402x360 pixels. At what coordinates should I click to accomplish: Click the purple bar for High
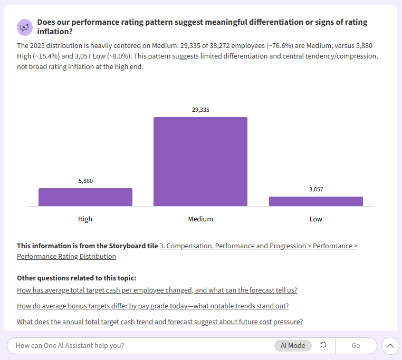[85, 197]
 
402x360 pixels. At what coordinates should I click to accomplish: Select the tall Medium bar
[200, 161]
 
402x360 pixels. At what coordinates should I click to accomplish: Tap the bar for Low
[315, 201]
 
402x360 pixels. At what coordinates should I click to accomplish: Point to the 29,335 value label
[200, 110]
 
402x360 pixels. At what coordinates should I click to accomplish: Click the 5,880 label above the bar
[85, 181]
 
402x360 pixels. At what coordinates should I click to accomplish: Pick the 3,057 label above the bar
[316, 189]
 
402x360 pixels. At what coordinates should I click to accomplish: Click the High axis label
[85, 219]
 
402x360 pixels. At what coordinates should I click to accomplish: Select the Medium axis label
[200, 219]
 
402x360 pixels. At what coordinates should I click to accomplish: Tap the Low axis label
[315, 219]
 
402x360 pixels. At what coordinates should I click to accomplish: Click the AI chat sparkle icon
[24, 27]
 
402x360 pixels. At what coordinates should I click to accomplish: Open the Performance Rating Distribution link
[66, 257]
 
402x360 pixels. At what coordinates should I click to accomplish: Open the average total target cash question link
[157, 290]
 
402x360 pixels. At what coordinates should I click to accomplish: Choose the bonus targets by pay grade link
[152, 306]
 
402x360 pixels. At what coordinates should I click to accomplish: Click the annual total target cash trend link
[159, 322]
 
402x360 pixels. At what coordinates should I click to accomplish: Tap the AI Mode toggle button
[293, 346]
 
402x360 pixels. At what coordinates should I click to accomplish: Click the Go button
[356, 346]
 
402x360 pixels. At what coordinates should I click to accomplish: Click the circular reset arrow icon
[323, 345]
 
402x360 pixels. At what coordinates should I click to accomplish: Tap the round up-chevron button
[390, 346]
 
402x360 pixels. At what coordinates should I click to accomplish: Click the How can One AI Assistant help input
[137, 346]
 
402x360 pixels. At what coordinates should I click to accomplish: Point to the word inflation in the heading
[54, 32]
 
